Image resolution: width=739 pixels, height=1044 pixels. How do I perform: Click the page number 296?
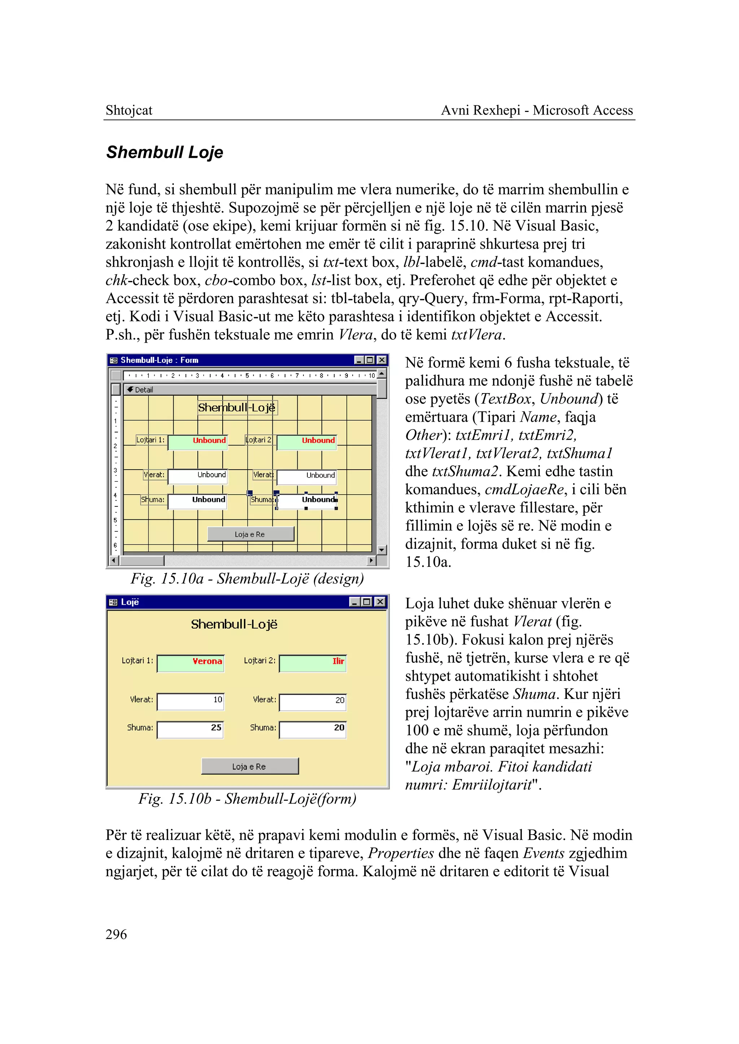point(116,934)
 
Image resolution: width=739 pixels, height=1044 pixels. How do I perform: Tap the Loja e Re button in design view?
point(250,534)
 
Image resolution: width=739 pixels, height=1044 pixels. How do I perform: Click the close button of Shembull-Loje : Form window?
point(382,360)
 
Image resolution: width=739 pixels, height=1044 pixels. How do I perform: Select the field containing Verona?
point(190,664)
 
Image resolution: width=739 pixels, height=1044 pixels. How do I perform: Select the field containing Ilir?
point(312,664)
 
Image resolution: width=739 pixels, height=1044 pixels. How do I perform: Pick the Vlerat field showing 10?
point(190,702)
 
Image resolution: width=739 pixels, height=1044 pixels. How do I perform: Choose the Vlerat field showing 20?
point(312,702)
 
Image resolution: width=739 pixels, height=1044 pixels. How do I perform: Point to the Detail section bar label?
point(143,390)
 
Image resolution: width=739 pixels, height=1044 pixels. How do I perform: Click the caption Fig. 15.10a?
point(247,579)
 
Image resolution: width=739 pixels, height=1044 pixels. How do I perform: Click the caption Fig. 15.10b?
point(247,799)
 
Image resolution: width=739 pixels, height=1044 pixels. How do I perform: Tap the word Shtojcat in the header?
point(129,110)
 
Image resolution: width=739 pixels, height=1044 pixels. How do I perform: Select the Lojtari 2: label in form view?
point(259,661)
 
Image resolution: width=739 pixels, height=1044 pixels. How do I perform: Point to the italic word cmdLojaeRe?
point(524,490)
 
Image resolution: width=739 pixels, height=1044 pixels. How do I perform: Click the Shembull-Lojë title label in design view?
point(237,408)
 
